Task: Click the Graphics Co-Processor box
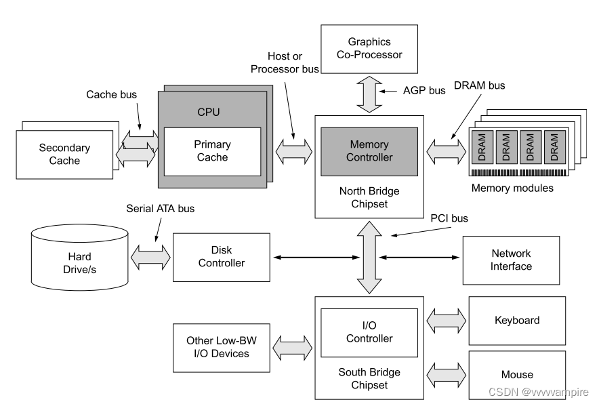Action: tap(369, 47)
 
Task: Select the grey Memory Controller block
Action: tap(370, 150)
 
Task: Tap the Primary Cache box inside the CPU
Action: tap(212, 150)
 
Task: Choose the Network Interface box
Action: tap(511, 260)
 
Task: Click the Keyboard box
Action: tap(516, 320)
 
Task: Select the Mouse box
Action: tap(516, 374)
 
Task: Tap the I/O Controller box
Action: tap(369, 332)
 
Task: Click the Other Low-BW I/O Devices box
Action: tap(218, 347)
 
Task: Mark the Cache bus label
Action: tap(112, 95)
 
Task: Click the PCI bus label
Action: tap(449, 218)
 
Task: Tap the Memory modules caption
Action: tap(512, 188)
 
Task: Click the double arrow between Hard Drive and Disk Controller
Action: tap(150, 256)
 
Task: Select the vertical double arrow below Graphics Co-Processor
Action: tap(369, 93)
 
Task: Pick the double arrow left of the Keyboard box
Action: tap(447, 319)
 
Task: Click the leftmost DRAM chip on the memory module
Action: tap(482, 146)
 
